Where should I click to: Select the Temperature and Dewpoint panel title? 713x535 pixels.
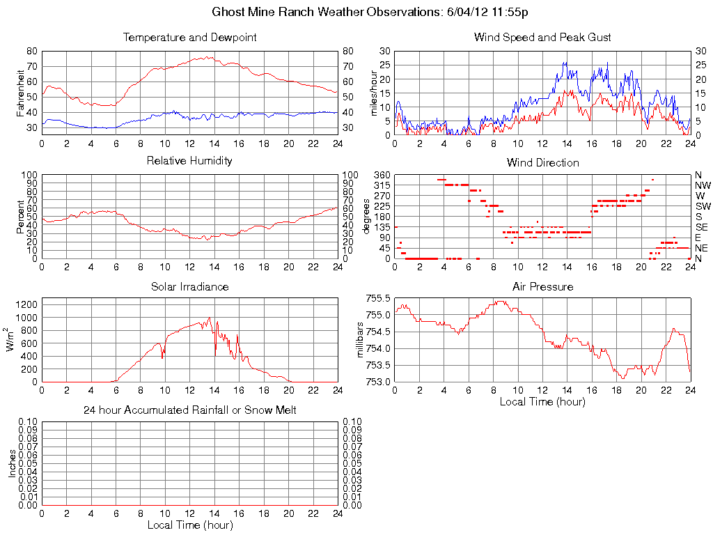pyautogui.click(x=189, y=37)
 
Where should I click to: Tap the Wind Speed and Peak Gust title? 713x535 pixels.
pyautogui.click(x=542, y=37)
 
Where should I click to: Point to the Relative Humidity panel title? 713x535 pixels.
pyautogui.click(x=189, y=161)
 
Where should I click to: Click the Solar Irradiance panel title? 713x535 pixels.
pyautogui.click(x=189, y=286)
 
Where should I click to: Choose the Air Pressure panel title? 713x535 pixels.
pyautogui.click(x=542, y=286)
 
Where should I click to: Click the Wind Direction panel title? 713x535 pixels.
pyautogui.click(x=542, y=162)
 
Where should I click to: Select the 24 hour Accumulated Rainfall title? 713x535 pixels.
pyautogui.click(x=189, y=410)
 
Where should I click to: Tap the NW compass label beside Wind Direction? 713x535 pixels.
pyautogui.click(x=703, y=185)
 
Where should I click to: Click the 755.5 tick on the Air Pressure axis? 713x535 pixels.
pyautogui.click(x=378, y=298)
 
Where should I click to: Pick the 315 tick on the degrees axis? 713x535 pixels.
pyautogui.click(x=382, y=185)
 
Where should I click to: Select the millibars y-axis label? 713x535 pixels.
pyautogui.click(x=361, y=340)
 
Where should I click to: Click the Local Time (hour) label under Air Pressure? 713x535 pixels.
pyautogui.click(x=542, y=401)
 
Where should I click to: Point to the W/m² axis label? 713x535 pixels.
pyautogui.click(x=11, y=340)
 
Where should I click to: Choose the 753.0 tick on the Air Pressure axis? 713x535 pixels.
pyautogui.click(x=378, y=382)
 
